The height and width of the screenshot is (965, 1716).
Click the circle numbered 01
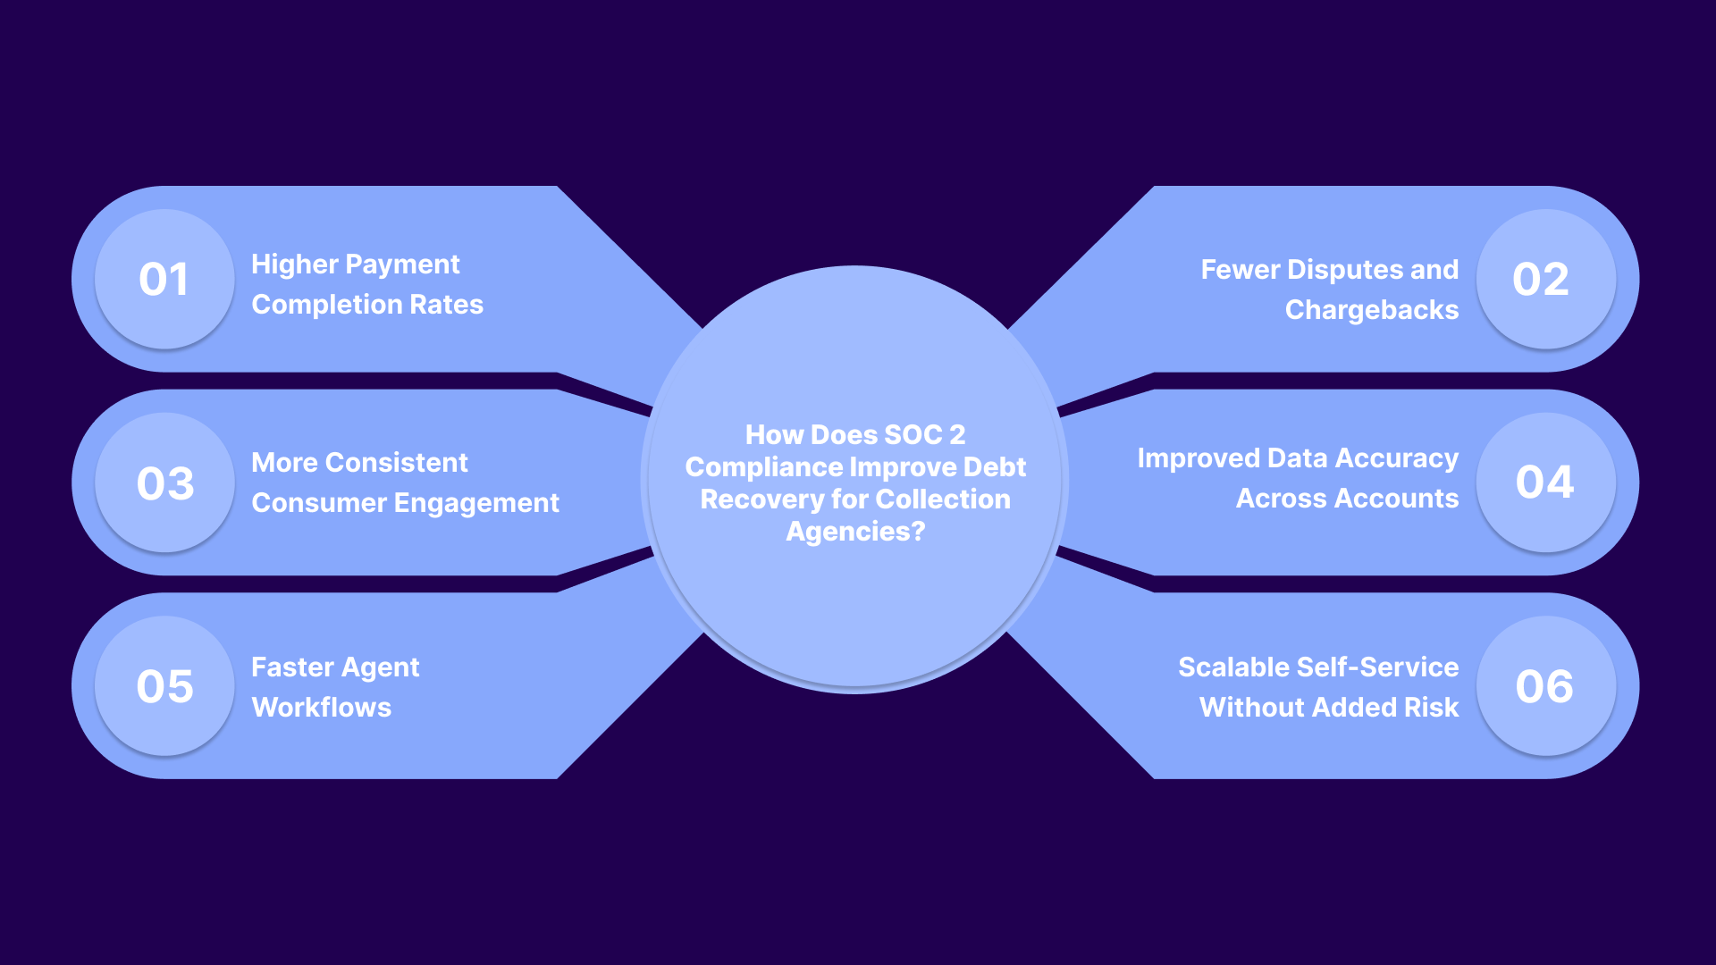click(164, 279)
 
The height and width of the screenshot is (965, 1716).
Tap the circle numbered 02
click(1545, 279)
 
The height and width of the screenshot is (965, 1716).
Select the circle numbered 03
click(164, 482)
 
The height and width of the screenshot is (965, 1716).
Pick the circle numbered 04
click(1545, 482)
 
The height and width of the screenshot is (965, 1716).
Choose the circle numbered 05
click(164, 686)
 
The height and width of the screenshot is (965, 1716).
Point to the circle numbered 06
click(1545, 686)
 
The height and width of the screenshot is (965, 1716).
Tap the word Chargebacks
click(1371, 310)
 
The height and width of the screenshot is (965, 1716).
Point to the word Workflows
click(322, 708)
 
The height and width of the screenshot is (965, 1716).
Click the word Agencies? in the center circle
click(855, 532)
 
